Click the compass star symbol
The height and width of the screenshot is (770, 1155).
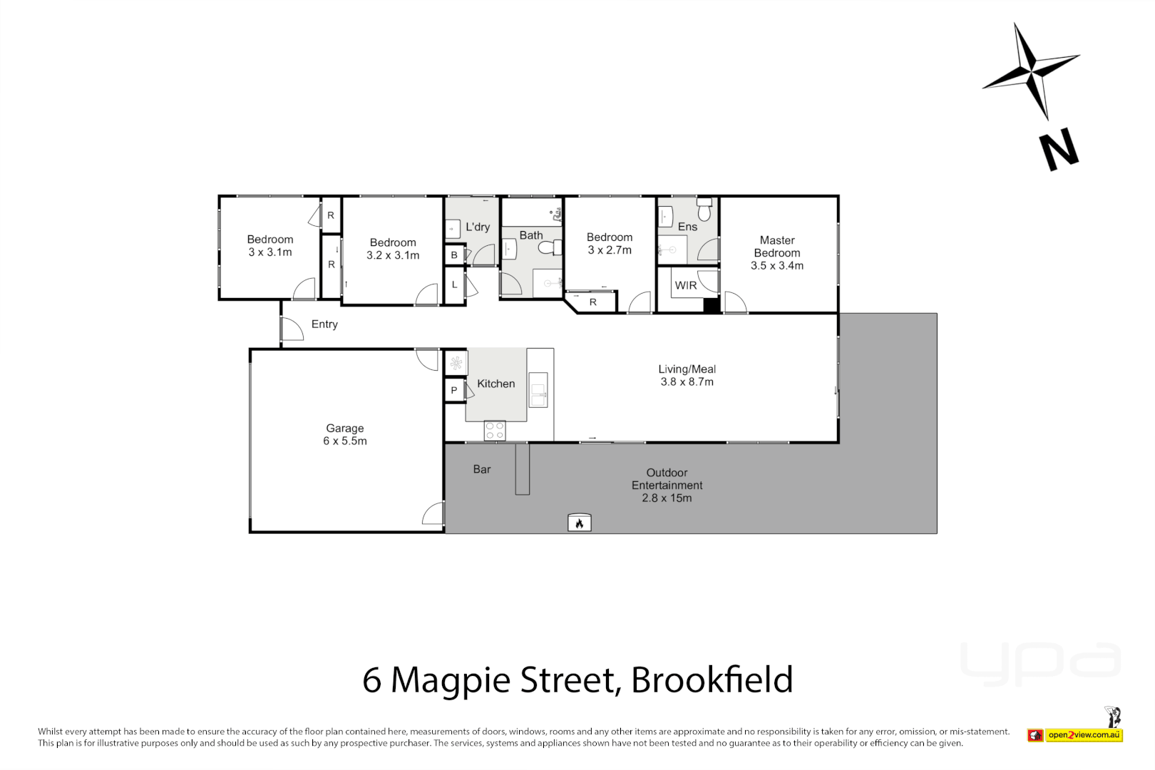pos(1030,71)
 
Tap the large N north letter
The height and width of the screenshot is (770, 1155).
pos(1059,150)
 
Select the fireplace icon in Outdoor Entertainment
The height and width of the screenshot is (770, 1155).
pos(579,523)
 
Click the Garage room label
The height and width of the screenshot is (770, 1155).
pos(345,428)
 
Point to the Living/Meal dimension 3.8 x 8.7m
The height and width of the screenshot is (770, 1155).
pos(687,382)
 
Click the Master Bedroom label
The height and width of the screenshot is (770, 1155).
pos(777,247)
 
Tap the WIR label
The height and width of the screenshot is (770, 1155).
pos(686,286)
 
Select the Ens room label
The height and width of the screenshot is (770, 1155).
pos(687,227)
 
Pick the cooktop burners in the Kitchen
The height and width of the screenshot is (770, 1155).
pos(495,431)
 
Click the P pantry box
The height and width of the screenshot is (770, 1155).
pos(454,391)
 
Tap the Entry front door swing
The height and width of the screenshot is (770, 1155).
pos(292,329)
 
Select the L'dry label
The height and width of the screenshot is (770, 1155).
pos(478,227)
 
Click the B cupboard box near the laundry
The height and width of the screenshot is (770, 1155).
pos(454,255)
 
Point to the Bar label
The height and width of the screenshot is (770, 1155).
pos(482,469)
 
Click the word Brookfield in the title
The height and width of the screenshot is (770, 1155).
pos(712,679)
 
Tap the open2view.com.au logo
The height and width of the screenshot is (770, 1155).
pos(1084,735)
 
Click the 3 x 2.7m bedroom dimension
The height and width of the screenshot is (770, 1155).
pos(610,250)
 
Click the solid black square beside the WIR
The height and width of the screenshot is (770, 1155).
pos(712,305)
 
